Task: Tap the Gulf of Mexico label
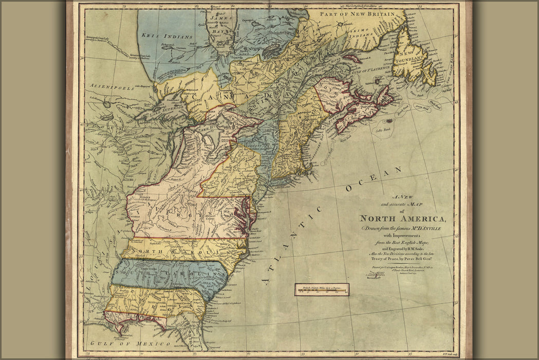click(x=129, y=343)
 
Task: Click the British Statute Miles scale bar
click(x=322, y=290)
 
